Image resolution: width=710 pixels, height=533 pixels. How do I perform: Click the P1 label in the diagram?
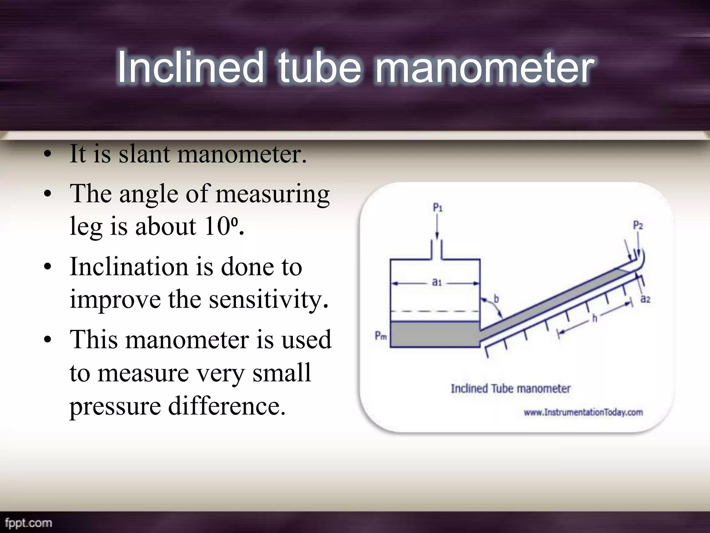(438, 208)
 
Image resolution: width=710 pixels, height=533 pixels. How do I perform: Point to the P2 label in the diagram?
(638, 226)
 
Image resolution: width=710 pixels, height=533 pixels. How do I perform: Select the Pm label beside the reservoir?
(381, 336)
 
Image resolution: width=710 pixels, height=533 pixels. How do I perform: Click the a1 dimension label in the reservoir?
(437, 282)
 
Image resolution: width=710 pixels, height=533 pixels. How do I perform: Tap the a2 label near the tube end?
(645, 299)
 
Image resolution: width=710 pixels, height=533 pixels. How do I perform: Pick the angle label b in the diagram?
(496, 298)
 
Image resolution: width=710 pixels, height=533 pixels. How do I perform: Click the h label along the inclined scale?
(595, 318)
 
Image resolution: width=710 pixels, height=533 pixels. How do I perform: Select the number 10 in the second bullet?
(217, 226)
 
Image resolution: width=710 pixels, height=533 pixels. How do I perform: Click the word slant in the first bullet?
(145, 154)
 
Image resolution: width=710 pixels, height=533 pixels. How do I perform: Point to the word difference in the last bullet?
(227, 406)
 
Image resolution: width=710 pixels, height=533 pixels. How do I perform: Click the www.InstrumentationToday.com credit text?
(583, 412)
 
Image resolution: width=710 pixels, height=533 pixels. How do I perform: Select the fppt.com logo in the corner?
(28, 523)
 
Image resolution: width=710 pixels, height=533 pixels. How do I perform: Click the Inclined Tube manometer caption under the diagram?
(510, 389)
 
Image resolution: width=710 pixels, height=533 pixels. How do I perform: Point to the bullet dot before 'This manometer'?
(48, 340)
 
